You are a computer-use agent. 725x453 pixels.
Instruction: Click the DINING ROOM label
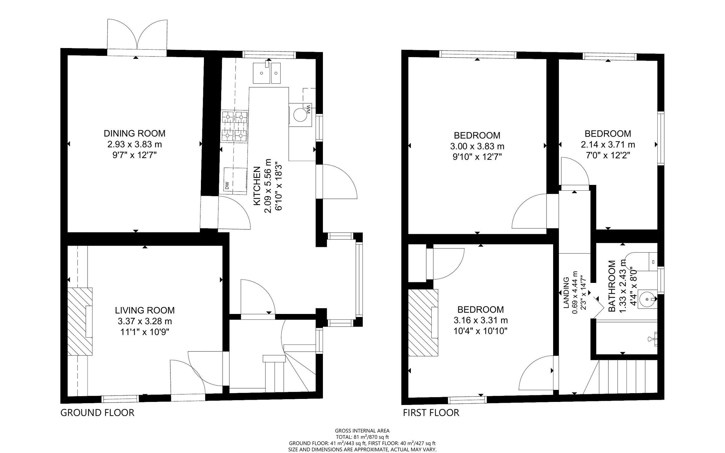[134, 133]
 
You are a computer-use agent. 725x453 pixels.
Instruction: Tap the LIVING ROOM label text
[145, 310]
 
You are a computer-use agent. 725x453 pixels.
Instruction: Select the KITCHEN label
[257, 186]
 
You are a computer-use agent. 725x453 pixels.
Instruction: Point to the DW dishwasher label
[227, 185]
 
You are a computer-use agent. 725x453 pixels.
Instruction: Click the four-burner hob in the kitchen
[235, 127]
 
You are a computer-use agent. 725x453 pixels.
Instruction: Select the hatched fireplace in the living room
[79, 322]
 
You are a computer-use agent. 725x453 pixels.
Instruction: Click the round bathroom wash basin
[647, 299]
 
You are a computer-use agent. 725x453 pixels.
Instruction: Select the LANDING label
[566, 293]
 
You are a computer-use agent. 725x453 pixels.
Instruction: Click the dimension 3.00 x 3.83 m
[477, 146]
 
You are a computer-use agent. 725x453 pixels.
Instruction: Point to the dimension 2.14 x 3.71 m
[608, 145]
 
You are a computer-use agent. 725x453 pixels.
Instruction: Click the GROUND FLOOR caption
[97, 413]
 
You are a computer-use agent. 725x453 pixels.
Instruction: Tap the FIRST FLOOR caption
[431, 413]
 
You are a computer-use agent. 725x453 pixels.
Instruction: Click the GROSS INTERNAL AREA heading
[362, 431]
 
